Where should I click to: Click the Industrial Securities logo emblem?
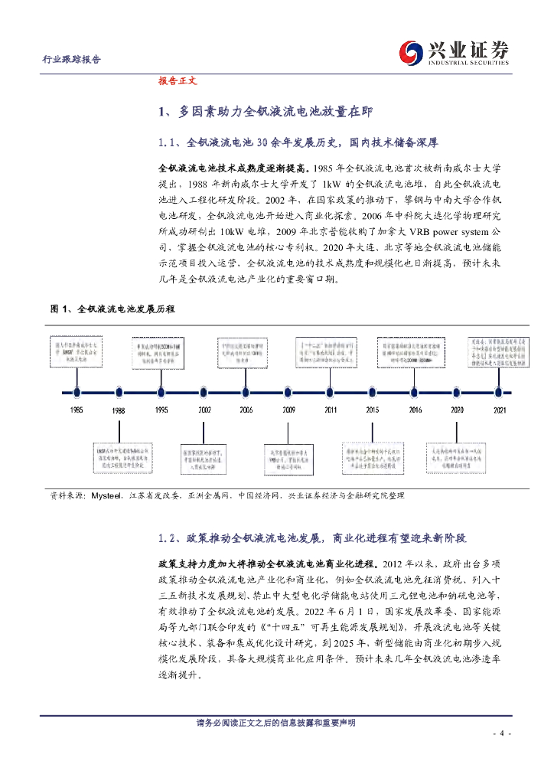[414, 52]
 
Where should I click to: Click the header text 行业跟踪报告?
[70, 60]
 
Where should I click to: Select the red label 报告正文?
[178, 80]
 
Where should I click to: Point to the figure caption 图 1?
[112, 309]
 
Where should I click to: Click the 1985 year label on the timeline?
[76, 410]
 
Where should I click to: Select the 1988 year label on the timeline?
[118, 411]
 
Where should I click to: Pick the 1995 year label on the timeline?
[161, 410]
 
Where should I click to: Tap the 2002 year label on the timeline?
[204, 410]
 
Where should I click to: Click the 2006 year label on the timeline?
[246, 410]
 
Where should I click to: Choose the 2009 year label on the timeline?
[288, 410]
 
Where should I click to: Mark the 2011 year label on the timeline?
[330, 410]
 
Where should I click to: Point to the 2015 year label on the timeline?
[372, 410]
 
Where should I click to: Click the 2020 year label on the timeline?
[457, 410]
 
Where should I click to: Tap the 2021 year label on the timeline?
[499, 410]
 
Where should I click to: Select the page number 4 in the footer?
[501, 733]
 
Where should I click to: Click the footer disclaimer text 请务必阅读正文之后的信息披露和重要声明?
[276, 724]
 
